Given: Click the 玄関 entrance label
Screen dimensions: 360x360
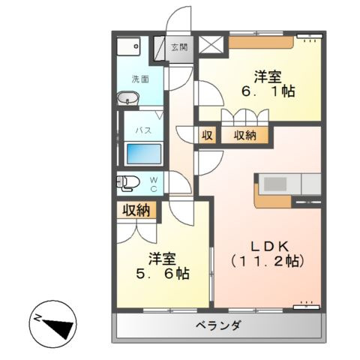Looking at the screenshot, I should coord(178,47).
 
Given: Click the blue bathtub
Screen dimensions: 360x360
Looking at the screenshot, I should coord(145,154).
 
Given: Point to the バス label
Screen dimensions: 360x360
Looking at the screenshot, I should coord(143,129).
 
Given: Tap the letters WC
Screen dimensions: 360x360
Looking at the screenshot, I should coord(152,183).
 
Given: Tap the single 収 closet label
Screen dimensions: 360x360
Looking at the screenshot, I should coord(206,136).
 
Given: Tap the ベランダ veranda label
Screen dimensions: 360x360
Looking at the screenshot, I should coord(219,325).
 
